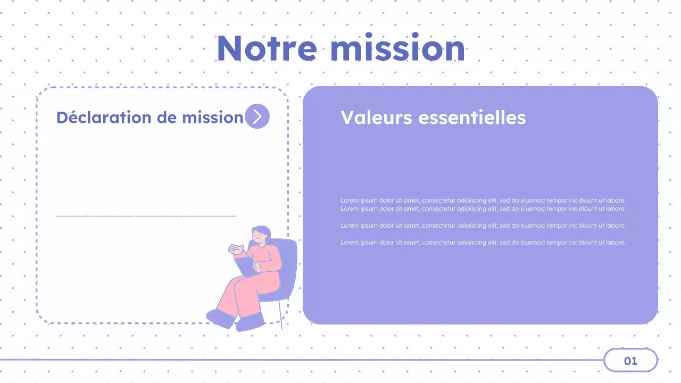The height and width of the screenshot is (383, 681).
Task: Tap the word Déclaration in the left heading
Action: pyautogui.click(x=104, y=117)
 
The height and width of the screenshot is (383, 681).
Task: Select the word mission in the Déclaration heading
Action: pyautogui.click(x=213, y=117)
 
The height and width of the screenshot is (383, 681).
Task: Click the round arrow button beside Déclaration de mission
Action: pyautogui.click(x=257, y=116)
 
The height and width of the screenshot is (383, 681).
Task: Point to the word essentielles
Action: pyautogui.click(x=472, y=117)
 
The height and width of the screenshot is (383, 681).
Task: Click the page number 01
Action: pyautogui.click(x=630, y=361)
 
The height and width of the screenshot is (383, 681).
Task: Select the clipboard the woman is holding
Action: pyautogui.click(x=245, y=265)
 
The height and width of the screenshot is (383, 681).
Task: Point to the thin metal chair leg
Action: pyautogui.click(x=280, y=314)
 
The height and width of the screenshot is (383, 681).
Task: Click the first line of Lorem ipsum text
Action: pyautogui.click(x=483, y=201)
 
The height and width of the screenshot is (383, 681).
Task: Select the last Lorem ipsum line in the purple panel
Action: pyautogui.click(x=483, y=243)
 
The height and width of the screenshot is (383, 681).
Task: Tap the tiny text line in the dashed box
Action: pyautogui.click(x=146, y=216)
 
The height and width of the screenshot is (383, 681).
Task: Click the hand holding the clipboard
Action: pyautogui.click(x=256, y=265)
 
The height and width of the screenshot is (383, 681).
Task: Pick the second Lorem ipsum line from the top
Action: pyautogui.click(x=483, y=209)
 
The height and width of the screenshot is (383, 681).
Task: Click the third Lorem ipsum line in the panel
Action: pyautogui.click(x=483, y=226)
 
